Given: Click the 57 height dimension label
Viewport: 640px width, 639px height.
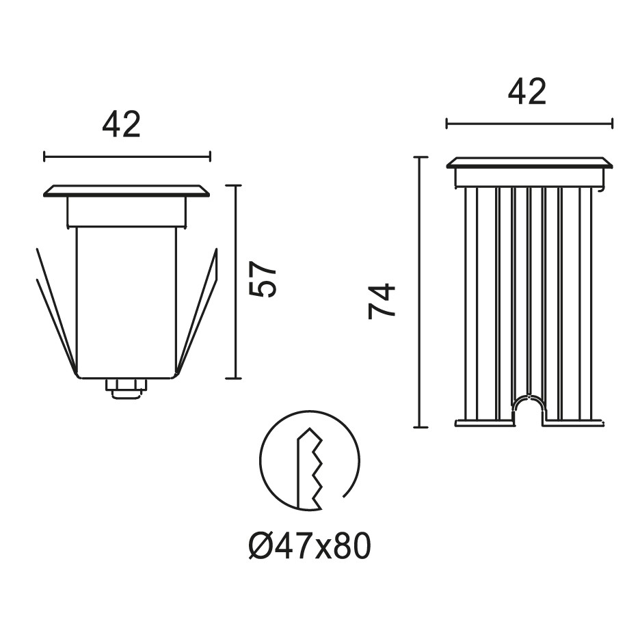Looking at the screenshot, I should [x=264, y=279].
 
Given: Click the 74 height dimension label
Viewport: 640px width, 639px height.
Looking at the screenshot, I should [x=382, y=301].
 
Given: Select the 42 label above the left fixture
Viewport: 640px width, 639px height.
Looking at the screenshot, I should [x=122, y=125].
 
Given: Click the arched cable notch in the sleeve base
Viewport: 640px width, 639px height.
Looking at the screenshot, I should [x=529, y=407].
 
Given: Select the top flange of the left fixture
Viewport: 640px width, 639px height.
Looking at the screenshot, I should [x=126, y=191].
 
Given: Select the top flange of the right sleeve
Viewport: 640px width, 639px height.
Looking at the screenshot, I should [x=529, y=163].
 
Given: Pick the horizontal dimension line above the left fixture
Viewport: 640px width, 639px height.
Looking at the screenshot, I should [x=126, y=157].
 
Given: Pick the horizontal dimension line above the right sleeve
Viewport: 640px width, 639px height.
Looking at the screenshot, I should [x=529, y=124].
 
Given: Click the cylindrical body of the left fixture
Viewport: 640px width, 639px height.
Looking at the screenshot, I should [x=126, y=301].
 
